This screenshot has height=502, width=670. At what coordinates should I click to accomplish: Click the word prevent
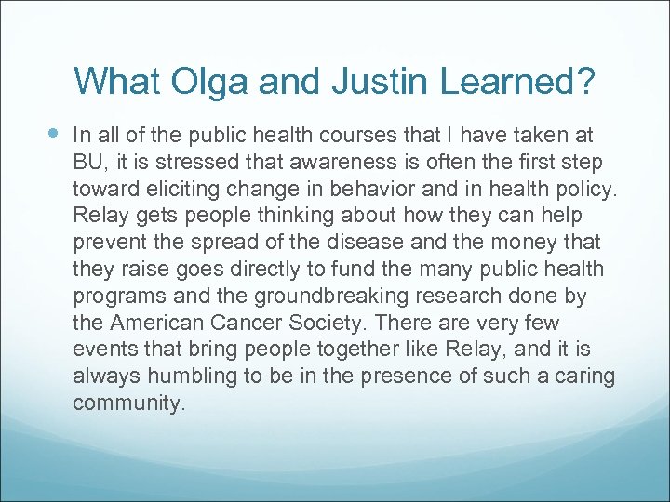point(108,244)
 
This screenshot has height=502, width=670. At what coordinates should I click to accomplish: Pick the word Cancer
point(258,324)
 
